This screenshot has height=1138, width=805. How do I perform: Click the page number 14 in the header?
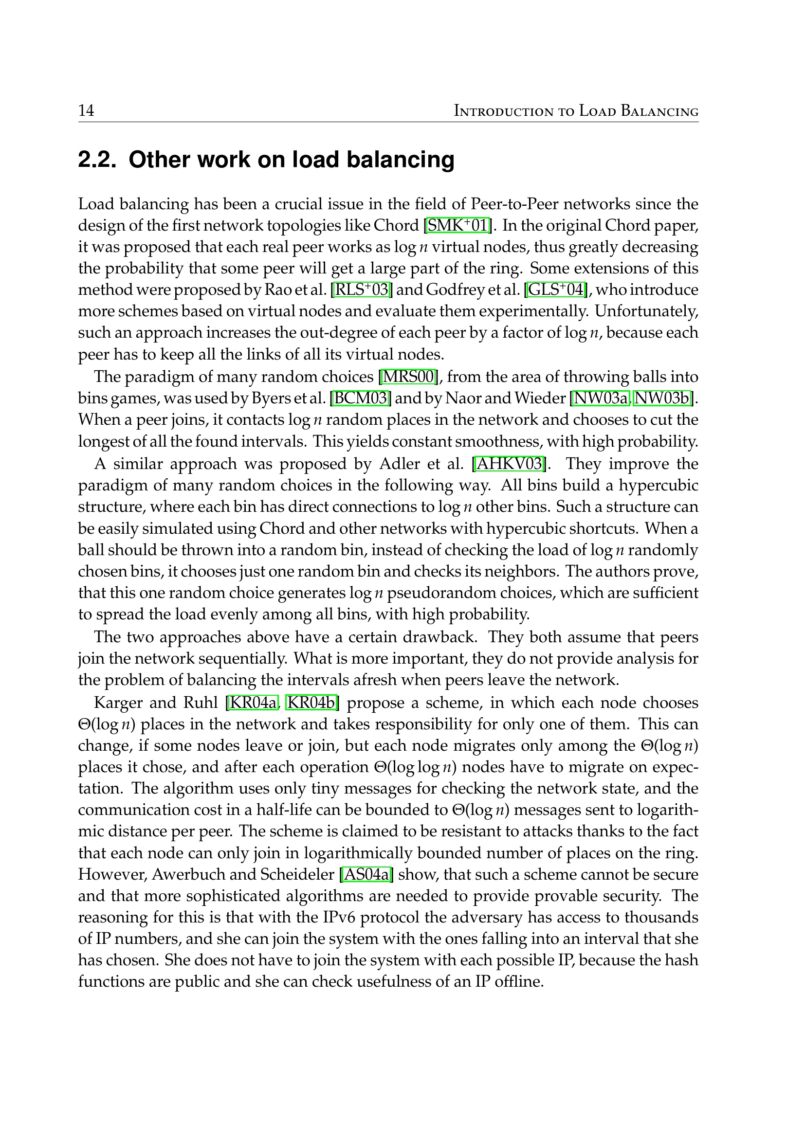[x=86, y=110]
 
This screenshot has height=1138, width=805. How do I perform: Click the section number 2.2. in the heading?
[x=97, y=160]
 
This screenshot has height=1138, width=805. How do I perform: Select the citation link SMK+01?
[x=457, y=226]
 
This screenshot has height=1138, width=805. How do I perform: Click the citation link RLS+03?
[x=362, y=289]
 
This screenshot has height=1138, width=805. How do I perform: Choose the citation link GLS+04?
[x=556, y=289]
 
